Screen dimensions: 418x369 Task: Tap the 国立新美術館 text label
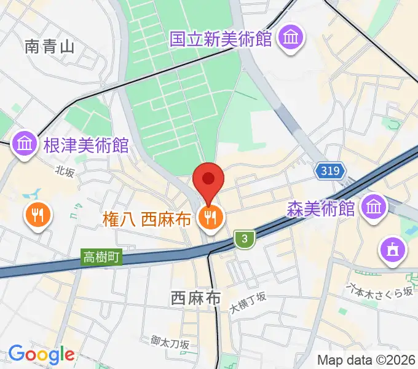pos(221,39)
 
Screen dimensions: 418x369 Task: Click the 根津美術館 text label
pos(85,145)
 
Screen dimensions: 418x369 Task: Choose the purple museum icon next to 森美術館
pos(374,207)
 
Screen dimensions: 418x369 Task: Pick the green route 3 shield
pos(245,239)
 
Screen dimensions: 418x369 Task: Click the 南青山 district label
pos(50,47)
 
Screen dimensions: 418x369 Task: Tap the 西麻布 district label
pos(195,298)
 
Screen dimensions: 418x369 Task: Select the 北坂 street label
pos(64,172)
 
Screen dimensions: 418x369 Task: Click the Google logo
pos(41,354)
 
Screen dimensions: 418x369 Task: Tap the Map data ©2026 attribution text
pos(365,360)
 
